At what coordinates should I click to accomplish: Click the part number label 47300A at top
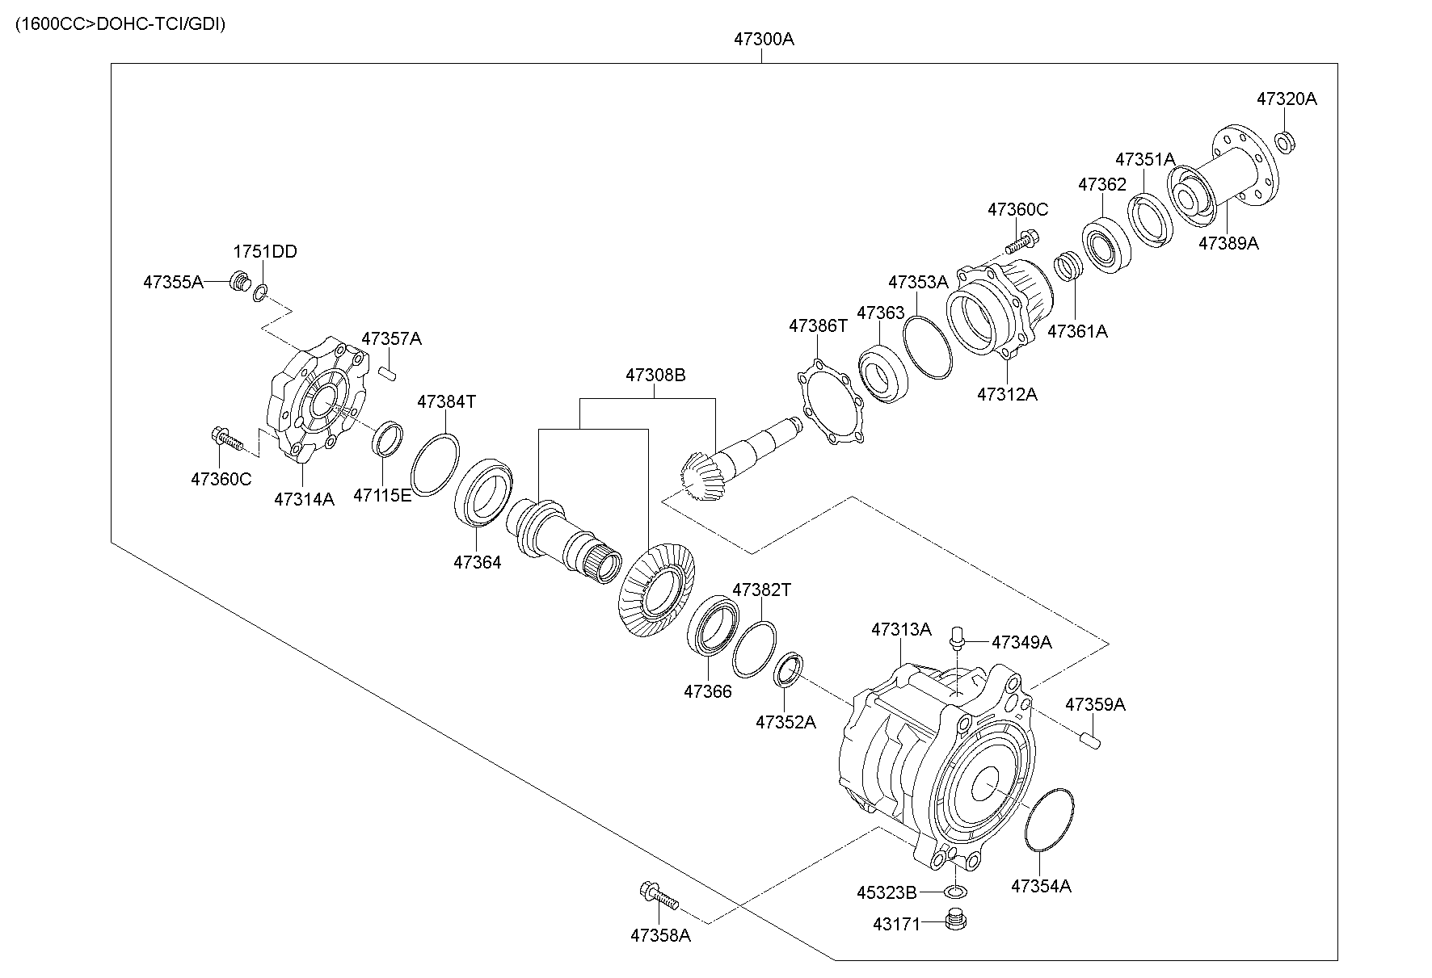[764, 39]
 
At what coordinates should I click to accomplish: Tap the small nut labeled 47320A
[1284, 142]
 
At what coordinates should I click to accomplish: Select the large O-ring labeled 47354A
[1048, 818]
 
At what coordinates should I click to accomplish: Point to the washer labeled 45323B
[954, 891]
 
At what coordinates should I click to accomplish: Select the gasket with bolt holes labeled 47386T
[830, 403]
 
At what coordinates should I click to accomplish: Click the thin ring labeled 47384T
[435, 462]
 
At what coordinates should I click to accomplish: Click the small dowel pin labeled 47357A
[387, 372]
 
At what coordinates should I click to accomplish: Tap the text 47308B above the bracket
[655, 376]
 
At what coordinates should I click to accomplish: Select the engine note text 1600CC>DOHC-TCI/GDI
[120, 23]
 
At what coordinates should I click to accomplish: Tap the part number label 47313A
[901, 629]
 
